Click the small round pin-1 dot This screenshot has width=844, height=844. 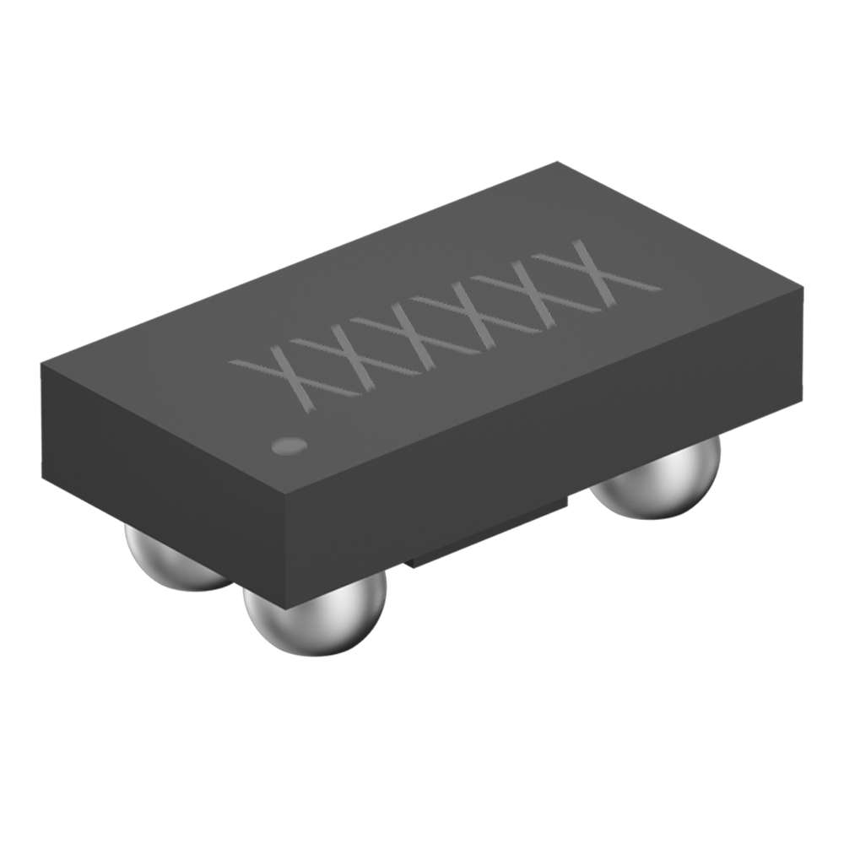(x=289, y=445)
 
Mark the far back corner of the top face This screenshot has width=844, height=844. (x=557, y=164)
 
